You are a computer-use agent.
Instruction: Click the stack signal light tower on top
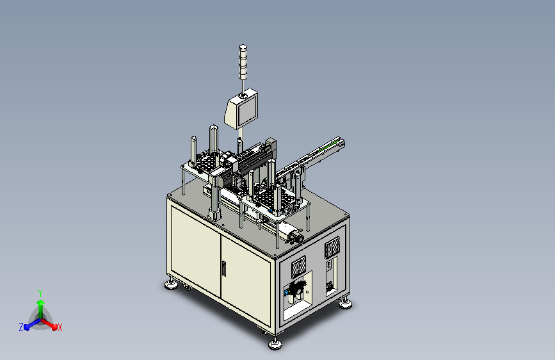[x=243, y=62]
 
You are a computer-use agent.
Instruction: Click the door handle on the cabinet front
[x=223, y=268]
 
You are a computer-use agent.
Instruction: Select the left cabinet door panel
[x=196, y=250]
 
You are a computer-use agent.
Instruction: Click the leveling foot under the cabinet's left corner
[x=172, y=284]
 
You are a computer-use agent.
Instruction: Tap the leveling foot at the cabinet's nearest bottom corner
[x=275, y=343]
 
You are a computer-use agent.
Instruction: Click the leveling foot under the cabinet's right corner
[x=345, y=303]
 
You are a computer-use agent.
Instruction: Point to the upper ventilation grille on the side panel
[x=332, y=246]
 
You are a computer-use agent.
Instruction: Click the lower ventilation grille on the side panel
[x=299, y=266]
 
